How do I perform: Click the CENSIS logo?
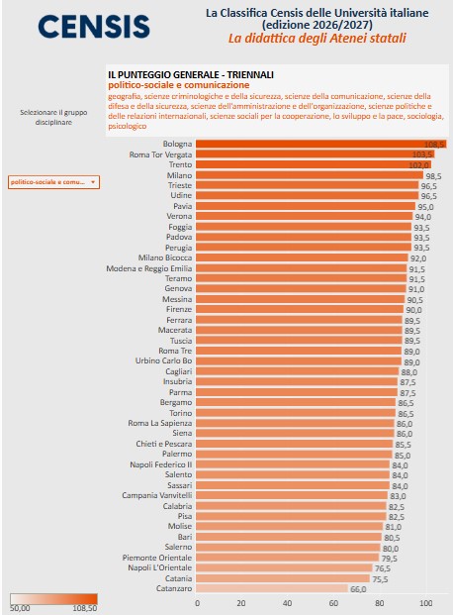click(x=94, y=27)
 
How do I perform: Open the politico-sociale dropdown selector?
click(x=53, y=182)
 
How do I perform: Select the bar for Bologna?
click(x=320, y=144)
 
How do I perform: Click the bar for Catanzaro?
click(x=272, y=588)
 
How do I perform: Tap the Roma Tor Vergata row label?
click(x=160, y=154)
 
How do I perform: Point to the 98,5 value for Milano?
click(x=433, y=176)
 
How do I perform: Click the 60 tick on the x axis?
click(x=333, y=603)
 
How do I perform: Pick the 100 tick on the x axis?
click(x=426, y=603)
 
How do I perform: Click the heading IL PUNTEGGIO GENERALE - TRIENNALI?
click(x=191, y=74)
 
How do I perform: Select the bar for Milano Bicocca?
click(x=302, y=257)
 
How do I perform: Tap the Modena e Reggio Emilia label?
click(x=149, y=268)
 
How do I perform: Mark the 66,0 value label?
click(x=358, y=589)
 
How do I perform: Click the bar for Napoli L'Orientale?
click(x=284, y=567)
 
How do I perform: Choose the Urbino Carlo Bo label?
click(x=164, y=360)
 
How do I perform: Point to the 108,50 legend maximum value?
click(x=85, y=608)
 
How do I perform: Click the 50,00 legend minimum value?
click(x=20, y=608)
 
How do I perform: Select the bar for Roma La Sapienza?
click(x=295, y=423)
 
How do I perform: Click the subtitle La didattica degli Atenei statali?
click(x=317, y=38)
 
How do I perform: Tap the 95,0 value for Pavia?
click(x=425, y=207)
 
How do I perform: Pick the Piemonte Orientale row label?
click(x=157, y=558)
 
